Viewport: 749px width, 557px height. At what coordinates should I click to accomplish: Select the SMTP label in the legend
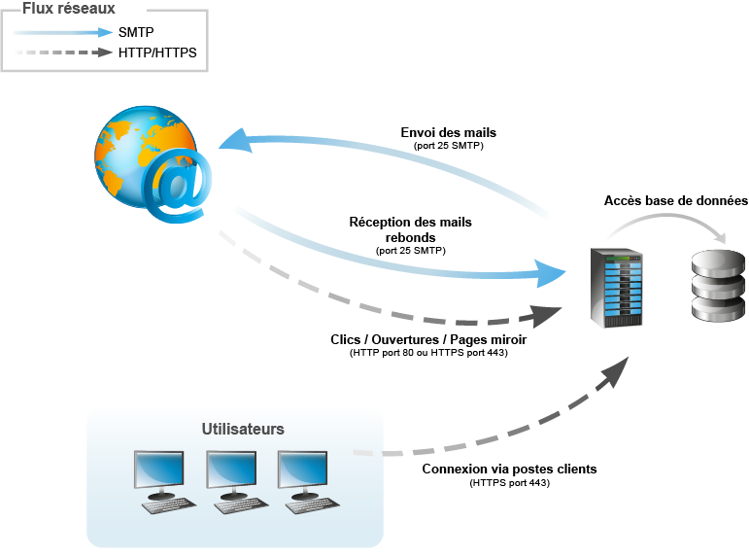click(136, 32)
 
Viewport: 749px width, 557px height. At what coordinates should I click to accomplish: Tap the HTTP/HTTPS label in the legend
click(156, 52)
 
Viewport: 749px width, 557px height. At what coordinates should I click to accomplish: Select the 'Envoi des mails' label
click(449, 132)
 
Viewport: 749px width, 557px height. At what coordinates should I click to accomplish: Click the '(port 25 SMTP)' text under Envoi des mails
click(449, 146)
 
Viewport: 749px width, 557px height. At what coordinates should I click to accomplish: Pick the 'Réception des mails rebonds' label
click(410, 229)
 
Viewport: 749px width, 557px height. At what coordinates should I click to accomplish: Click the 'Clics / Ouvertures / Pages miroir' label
click(429, 339)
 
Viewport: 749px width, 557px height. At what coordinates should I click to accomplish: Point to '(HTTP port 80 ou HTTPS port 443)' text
click(429, 353)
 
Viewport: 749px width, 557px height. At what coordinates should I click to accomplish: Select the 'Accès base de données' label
click(675, 200)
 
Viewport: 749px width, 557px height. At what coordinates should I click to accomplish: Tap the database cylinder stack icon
click(717, 284)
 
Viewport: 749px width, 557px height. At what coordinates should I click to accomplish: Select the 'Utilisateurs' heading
click(243, 429)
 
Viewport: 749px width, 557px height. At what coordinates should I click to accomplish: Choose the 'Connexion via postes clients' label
click(509, 469)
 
